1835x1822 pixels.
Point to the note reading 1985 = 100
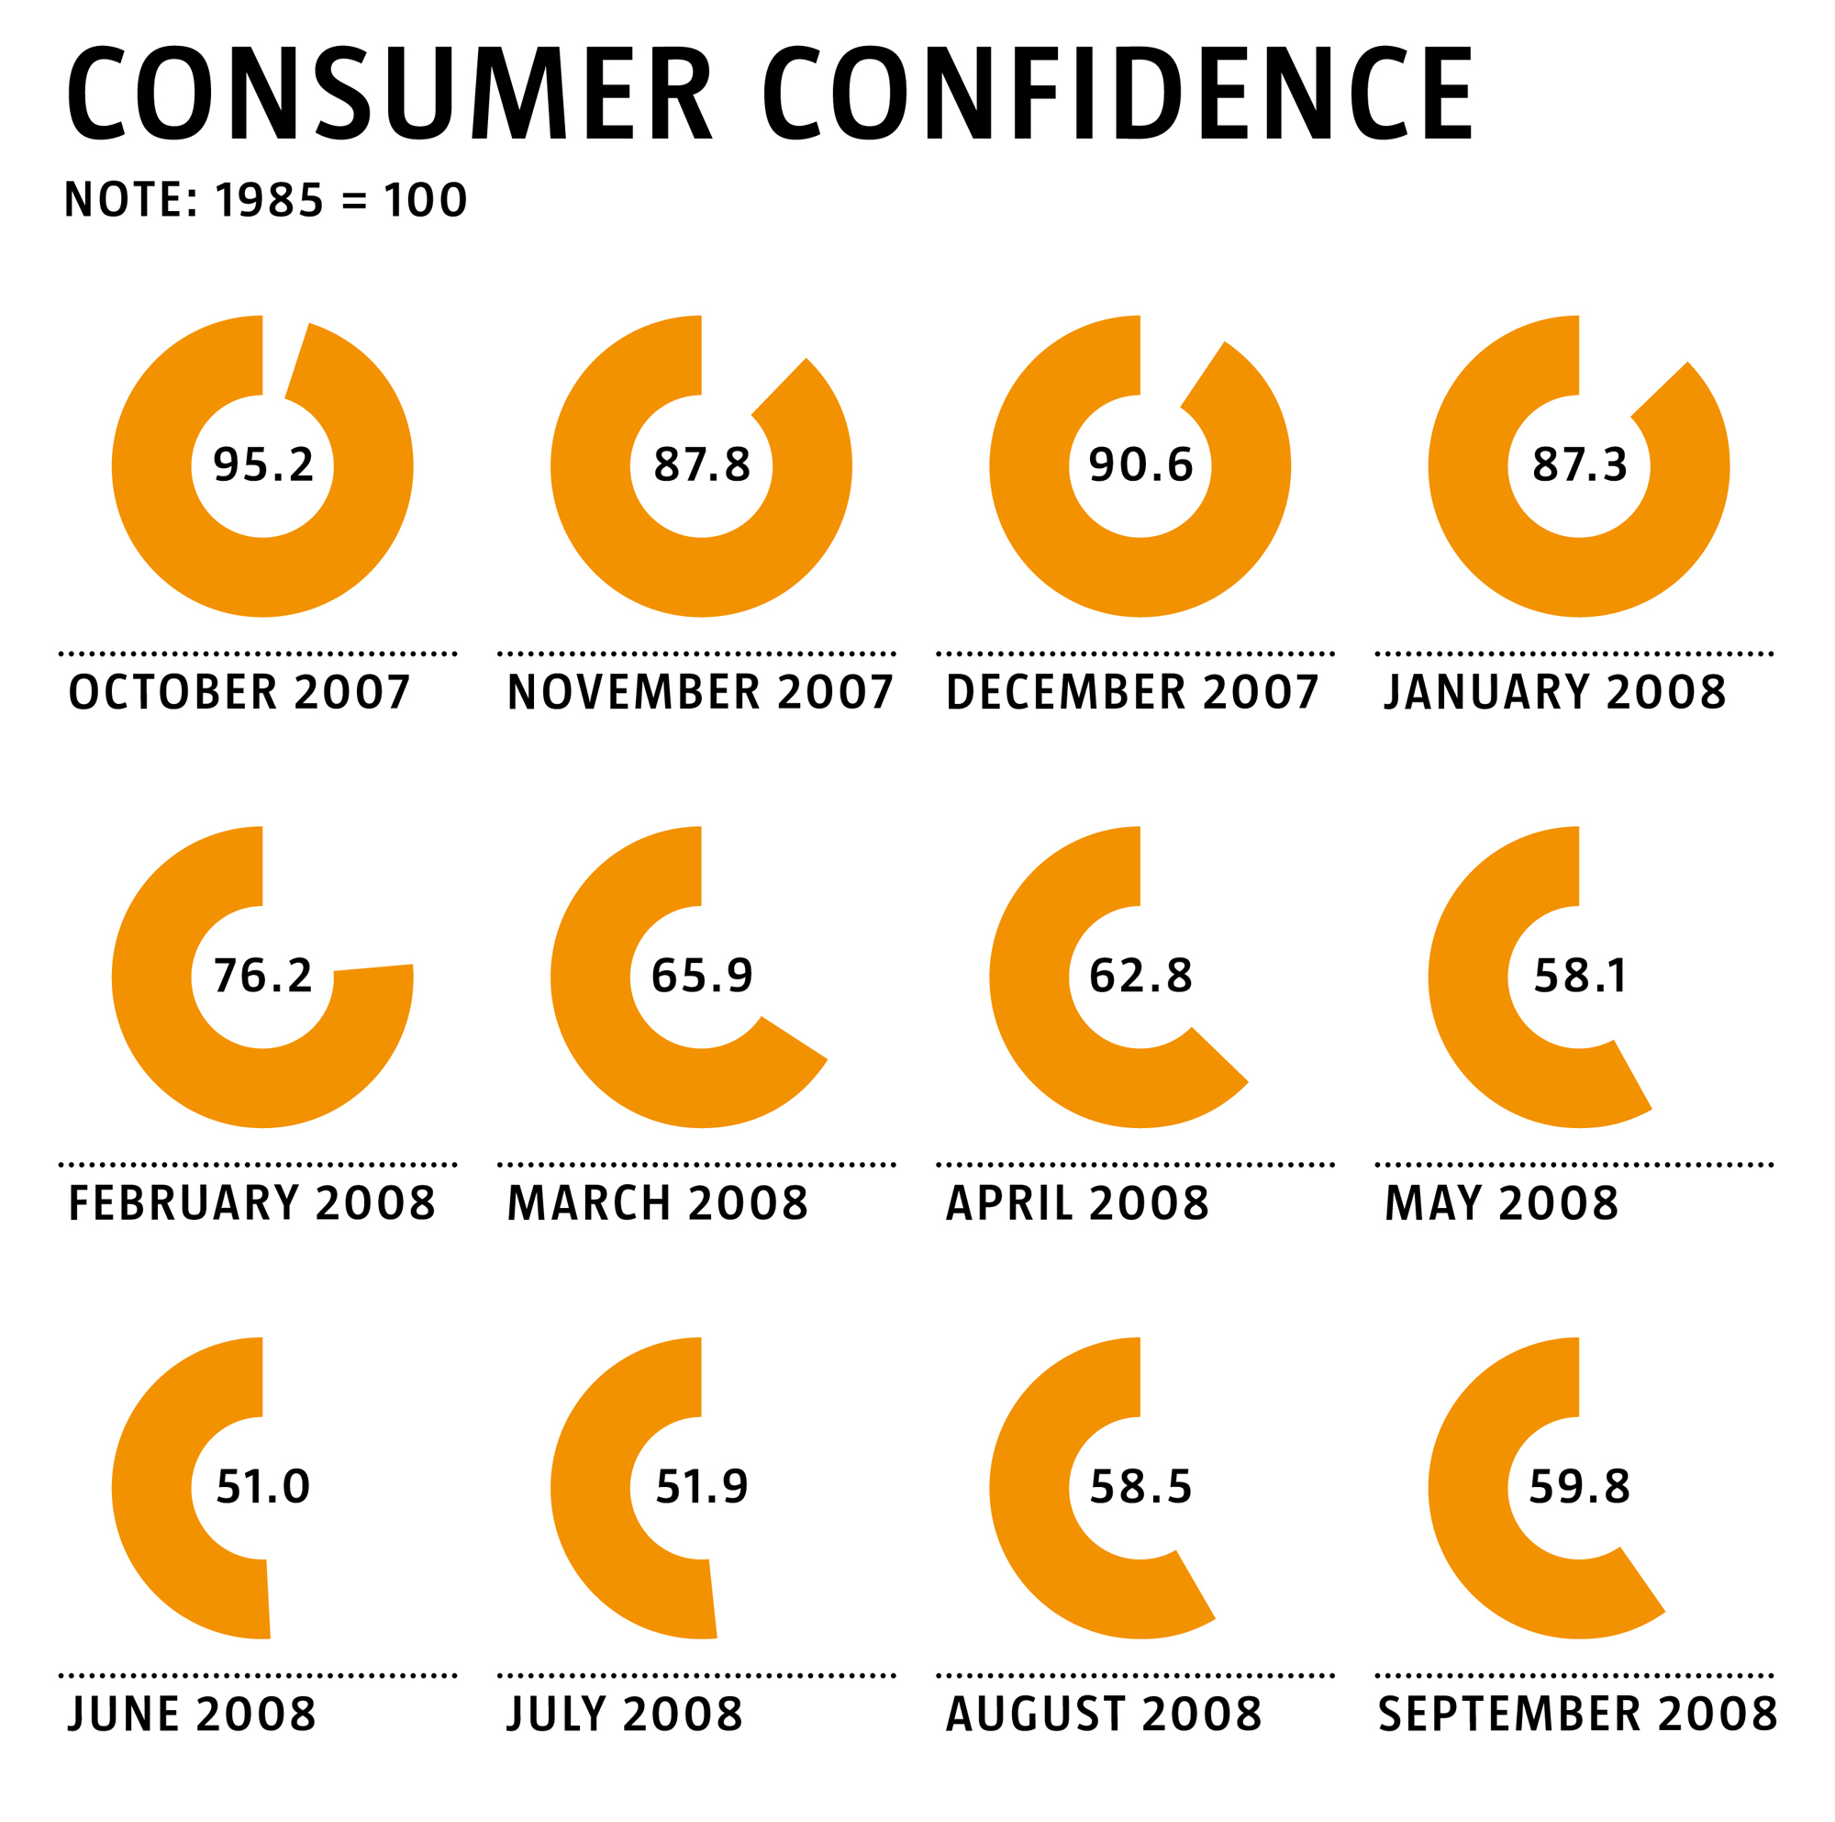pyautogui.click(x=265, y=200)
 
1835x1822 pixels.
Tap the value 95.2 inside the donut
pyautogui.click(x=263, y=464)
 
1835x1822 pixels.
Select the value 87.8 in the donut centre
pyautogui.click(x=701, y=464)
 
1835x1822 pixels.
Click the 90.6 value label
pyautogui.click(x=1140, y=464)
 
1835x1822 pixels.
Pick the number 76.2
pyautogui.click(x=263, y=976)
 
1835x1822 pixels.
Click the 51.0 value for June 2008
pyautogui.click(x=263, y=1487)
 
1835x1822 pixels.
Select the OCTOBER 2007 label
pyautogui.click(x=239, y=691)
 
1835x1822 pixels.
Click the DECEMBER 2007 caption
pyautogui.click(x=1132, y=691)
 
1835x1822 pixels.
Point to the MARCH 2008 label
pyautogui.click(x=657, y=1202)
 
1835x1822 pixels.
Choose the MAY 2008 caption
pyautogui.click(x=1501, y=1202)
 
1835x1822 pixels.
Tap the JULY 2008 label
pyautogui.click(x=624, y=1714)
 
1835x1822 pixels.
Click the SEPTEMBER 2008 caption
pyautogui.click(x=1576, y=1714)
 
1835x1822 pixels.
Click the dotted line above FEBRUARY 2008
pyautogui.click(x=258, y=1164)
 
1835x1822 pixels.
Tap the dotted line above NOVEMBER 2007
pyautogui.click(x=696, y=654)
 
